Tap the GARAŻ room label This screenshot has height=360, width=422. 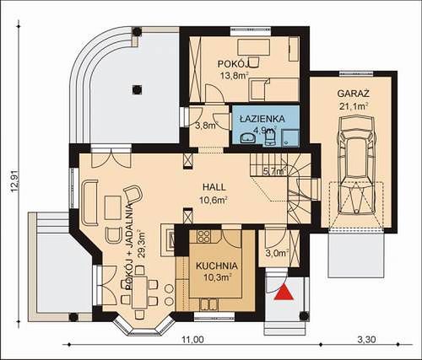[353, 94]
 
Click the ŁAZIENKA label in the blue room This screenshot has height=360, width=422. [262, 119]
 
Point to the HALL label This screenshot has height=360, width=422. [214, 187]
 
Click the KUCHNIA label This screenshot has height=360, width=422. [217, 266]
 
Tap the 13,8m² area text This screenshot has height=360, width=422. [233, 75]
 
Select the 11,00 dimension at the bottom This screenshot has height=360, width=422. [192, 340]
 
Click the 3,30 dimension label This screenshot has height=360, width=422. [366, 340]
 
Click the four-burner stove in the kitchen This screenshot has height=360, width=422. [203, 237]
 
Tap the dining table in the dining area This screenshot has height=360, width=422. [139, 292]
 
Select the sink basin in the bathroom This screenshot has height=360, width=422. [248, 138]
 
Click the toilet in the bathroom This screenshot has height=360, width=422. [270, 139]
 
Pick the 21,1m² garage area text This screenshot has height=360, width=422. [354, 107]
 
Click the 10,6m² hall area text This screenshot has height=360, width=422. [214, 201]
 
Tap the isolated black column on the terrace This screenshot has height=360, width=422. [137, 89]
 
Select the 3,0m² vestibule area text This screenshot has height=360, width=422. [277, 253]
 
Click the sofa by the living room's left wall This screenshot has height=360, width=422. [89, 202]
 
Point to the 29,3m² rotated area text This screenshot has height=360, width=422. [142, 244]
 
